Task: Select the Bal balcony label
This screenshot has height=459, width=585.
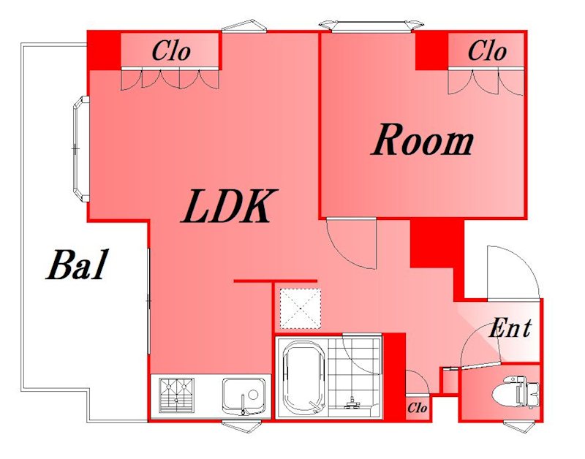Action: (78, 265)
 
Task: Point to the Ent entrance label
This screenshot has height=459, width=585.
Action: (510, 328)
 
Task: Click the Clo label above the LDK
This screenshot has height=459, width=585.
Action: (171, 50)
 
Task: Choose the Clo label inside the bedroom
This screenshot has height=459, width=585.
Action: (487, 50)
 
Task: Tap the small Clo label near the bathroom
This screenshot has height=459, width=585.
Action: (417, 408)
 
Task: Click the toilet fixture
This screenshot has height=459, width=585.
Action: (516, 392)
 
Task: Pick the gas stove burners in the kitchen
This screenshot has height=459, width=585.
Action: (176, 395)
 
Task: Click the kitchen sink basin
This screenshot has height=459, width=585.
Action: (244, 396)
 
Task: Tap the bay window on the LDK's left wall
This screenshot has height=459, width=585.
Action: (80, 149)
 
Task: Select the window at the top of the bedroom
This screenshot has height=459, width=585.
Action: (372, 26)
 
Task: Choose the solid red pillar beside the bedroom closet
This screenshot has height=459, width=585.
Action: (431, 50)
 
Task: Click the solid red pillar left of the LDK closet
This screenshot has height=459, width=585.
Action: (104, 50)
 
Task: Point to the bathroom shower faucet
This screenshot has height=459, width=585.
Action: (351, 403)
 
